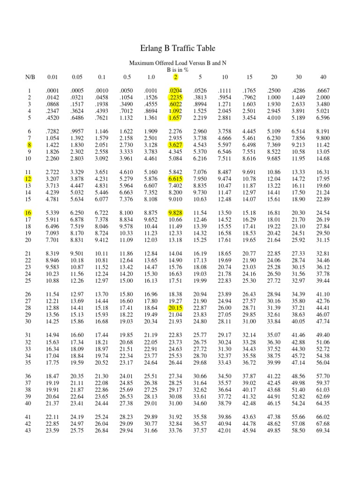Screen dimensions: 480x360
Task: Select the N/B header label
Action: click(30, 77)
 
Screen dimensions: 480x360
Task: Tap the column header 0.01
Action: click(52, 77)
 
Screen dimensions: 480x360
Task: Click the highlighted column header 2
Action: click(175, 77)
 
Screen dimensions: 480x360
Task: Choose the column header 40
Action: click(323, 77)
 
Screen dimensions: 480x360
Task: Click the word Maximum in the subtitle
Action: click(142, 62)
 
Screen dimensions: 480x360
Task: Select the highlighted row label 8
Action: click(29, 145)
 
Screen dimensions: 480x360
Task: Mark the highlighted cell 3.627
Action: click(175, 145)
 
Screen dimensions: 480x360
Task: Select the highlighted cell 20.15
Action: click(175, 307)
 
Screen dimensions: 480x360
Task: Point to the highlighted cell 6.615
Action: click(175, 179)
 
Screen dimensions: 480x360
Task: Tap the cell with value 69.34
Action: click(323, 431)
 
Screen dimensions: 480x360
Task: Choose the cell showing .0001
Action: click(52, 91)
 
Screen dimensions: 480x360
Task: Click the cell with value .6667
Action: click(323, 91)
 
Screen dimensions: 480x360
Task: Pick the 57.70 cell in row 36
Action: click(323, 376)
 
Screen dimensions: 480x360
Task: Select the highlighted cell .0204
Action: click(175, 91)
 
